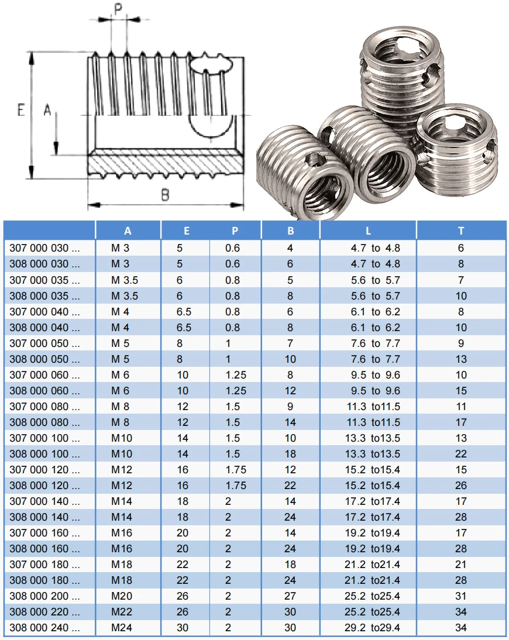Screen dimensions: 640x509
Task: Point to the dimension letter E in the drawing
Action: click(x=21, y=109)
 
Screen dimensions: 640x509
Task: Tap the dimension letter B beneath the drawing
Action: click(x=165, y=195)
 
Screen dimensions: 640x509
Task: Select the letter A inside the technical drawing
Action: click(x=48, y=109)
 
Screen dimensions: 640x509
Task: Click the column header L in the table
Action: click(x=368, y=230)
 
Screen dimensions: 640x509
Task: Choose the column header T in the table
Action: click(x=461, y=230)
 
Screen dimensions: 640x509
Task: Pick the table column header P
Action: click(x=235, y=230)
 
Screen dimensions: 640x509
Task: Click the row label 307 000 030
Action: click(x=44, y=248)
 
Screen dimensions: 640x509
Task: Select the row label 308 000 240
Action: click(x=44, y=628)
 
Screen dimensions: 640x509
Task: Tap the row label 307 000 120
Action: click(x=44, y=470)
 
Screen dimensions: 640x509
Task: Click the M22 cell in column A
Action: click(x=121, y=612)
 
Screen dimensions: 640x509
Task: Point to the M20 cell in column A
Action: click(x=121, y=596)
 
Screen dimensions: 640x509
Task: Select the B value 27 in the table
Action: click(x=290, y=596)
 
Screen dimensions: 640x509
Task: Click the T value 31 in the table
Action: click(x=461, y=596)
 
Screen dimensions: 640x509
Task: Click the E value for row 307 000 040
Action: click(x=184, y=312)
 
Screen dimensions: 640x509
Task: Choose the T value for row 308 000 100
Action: click(x=461, y=454)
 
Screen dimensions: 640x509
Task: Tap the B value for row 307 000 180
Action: click(x=290, y=565)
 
